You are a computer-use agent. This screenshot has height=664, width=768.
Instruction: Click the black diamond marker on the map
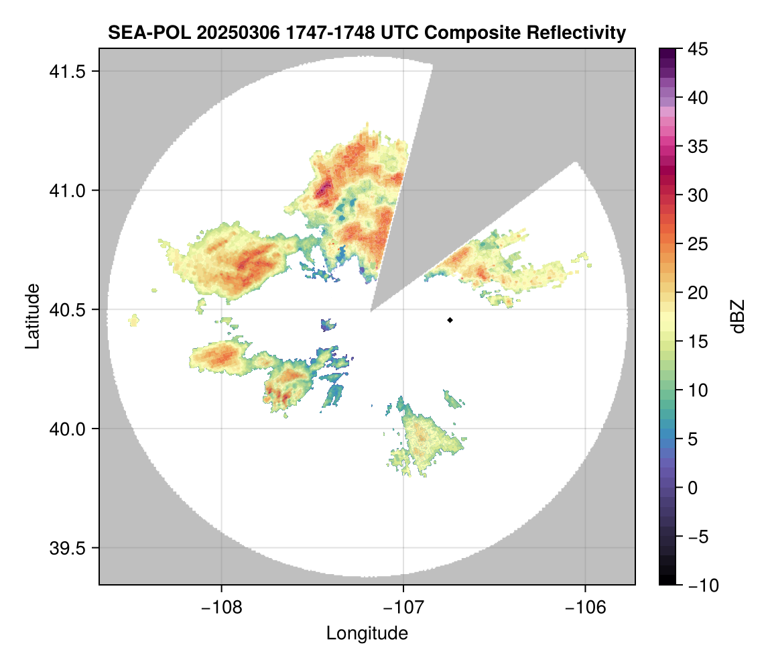[450, 320]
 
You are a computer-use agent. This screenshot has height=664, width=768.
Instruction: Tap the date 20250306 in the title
[230, 32]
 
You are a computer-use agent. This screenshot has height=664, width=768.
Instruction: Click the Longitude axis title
[367, 633]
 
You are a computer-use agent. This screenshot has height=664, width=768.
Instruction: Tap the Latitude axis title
[32, 316]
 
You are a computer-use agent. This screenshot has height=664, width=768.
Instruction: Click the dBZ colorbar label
[738, 316]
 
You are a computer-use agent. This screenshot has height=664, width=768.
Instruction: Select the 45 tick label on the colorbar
[697, 49]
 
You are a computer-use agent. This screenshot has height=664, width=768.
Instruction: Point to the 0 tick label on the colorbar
[693, 488]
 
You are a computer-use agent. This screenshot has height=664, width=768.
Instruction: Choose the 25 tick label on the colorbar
[697, 244]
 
